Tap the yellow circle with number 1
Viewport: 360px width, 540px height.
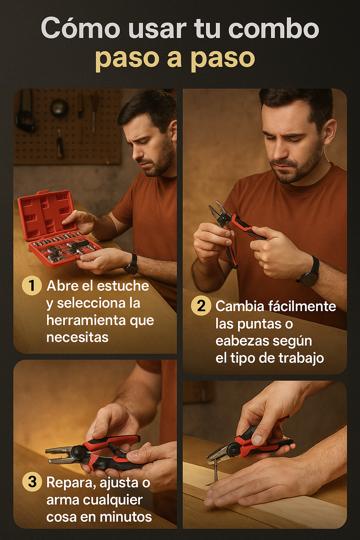tap(32, 286)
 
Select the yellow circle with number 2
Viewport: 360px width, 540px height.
tap(201, 306)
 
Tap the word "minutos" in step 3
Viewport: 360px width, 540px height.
tap(126, 516)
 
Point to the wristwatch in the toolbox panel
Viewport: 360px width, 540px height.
tap(131, 264)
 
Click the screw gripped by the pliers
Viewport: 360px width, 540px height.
tap(214, 471)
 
